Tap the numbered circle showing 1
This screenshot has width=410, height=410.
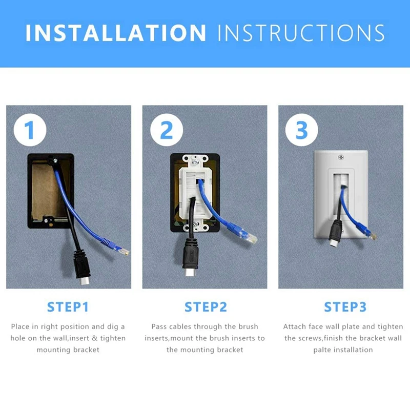(30, 130)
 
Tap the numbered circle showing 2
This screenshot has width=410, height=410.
(167, 130)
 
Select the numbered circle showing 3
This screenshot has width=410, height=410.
(302, 130)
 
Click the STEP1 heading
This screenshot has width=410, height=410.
(68, 307)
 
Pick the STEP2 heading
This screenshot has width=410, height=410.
(206, 307)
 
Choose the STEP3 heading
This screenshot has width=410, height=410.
(345, 307)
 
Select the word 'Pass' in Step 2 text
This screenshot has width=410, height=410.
(160, 326)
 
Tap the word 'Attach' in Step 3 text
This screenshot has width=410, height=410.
(295, 326)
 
